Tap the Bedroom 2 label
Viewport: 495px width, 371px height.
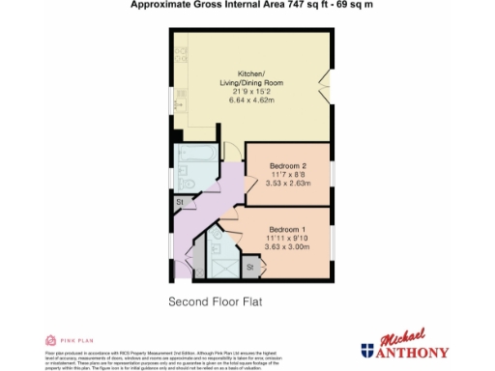click(287, 165)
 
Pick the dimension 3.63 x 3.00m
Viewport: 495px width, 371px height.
click(287, 246)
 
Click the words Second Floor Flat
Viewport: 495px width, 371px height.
click(216, 301)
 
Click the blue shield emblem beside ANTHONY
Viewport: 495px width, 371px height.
click(368, 351)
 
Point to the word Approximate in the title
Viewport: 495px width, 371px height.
click(158, 5)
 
